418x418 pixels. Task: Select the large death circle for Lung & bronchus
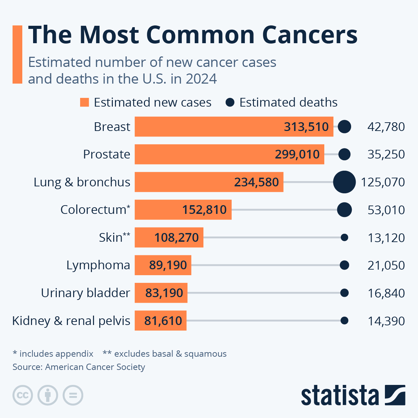pos(344,182)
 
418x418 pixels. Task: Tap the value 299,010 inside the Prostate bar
pos(297,154)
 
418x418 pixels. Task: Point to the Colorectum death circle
pos(344,210)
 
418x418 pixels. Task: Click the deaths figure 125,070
pos(383,182)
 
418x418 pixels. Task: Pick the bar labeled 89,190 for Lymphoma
pos(163,265)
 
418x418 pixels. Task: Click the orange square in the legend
pos(85,102)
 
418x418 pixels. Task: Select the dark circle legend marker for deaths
pos(230,102)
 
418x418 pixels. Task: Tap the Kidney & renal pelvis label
pos(71,321)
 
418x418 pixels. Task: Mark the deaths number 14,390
pos(386,321)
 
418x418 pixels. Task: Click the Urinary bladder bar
pos(161,293)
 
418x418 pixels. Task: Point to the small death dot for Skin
pos(344,238)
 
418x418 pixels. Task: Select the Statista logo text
pos(340,395)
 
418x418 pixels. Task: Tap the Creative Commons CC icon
pos(23,395)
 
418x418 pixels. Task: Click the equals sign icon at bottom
pos(73,395)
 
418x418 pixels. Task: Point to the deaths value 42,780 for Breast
pos(386,127)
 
